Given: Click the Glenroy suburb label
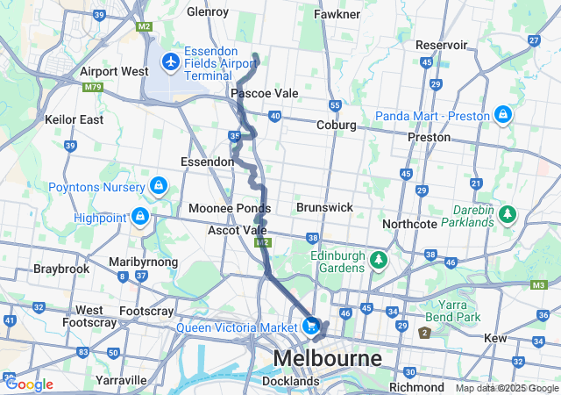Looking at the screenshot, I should coord(208,12).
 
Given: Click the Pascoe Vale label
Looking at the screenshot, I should coord(264,93).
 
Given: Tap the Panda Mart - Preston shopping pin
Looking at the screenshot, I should coord(503,115).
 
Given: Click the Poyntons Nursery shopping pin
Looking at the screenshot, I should coord(159,187).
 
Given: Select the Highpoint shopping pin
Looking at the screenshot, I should coord(139,215).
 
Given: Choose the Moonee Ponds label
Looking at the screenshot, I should coord(230,209).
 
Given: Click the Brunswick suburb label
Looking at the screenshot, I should coord(324,207).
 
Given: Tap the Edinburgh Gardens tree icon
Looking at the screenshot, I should coord(379,260).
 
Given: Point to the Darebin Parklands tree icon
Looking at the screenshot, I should coord(507,214).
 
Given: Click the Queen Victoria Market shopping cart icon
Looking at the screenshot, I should coord(311,326).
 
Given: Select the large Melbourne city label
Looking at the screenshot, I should coord(328,359).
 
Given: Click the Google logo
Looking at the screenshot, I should coord(28,384).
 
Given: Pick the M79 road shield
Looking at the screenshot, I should coord(92,87).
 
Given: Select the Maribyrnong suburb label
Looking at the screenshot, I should coord(144,262).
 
